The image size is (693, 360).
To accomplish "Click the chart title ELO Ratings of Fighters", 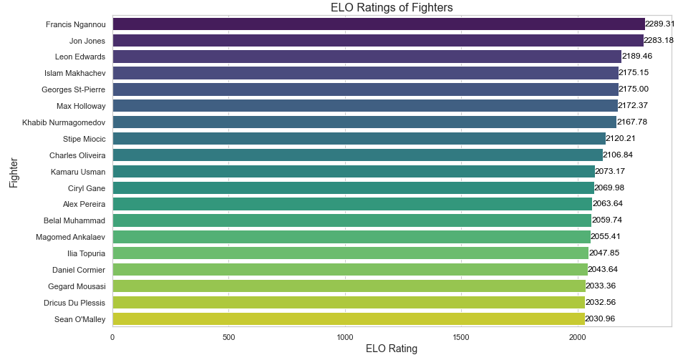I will tap(392, 8).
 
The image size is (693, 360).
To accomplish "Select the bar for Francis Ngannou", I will tap(378, 24).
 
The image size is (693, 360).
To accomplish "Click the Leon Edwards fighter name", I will tap(80, 57).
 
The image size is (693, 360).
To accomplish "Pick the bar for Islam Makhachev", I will tap(365, 73).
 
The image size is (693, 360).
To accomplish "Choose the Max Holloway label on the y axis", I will tap(81, 106).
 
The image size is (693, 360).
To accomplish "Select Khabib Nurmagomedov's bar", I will tap(364, 122).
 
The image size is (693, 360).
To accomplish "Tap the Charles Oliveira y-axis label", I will tap(77, 155).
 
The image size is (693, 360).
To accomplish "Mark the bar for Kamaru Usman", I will tap(353, 171).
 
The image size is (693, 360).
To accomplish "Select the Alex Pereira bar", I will tap(352, 204).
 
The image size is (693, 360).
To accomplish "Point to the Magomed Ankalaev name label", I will tap(70, 237).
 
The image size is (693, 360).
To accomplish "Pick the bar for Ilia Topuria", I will tap(350, 253).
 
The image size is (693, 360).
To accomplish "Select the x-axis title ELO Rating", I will tap(392, 349).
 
